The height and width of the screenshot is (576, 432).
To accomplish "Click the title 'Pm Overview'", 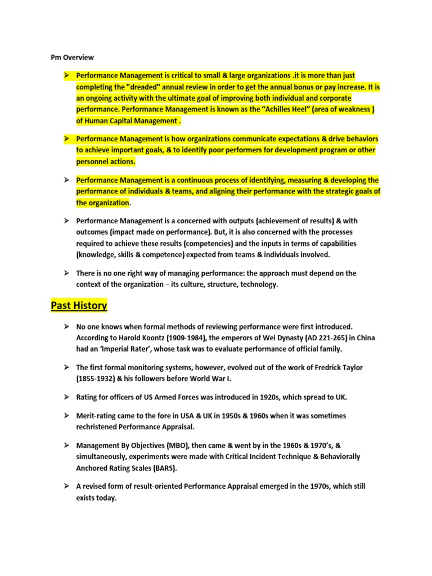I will point(69,57).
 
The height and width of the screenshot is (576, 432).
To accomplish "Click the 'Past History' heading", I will point(79,306).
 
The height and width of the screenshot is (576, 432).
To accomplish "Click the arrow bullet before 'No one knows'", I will point(66,326).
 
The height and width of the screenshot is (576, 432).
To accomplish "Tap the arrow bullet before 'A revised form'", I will point(66,486).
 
